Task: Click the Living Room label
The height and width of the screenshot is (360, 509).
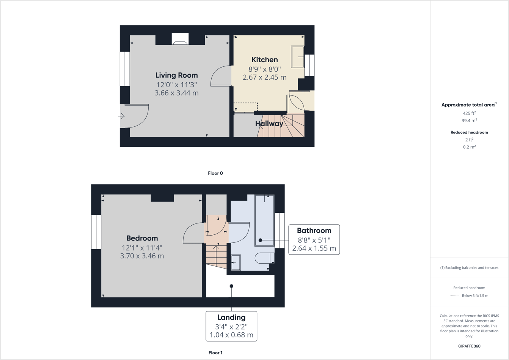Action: point(176,75)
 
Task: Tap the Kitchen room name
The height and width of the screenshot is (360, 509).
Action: point(265,60)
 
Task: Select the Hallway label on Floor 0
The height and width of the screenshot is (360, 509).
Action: point(269,124)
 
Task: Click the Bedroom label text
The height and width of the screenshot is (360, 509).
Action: point(142,238)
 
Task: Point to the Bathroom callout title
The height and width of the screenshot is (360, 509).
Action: point(314,231)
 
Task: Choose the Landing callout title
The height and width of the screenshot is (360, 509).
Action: point(231,318)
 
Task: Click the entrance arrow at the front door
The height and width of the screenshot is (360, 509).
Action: point(122,116)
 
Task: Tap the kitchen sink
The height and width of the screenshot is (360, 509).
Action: point(297,57)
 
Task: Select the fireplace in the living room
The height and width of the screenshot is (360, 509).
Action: point(180,39)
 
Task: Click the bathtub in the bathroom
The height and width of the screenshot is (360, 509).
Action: point(264,220)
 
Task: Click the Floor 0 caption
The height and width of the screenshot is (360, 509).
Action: point(215,173)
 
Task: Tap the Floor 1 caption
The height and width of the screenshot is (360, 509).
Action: point(215,353)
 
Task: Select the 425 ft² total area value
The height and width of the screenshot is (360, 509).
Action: point(469,113)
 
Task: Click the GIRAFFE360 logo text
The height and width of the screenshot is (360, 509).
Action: point(469,346)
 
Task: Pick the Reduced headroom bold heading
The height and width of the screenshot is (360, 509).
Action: point(469,132)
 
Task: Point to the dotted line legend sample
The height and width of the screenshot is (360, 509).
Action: point(454,296)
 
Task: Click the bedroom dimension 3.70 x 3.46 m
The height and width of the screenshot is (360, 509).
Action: point(142,256)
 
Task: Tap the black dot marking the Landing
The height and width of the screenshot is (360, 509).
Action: point(231,286)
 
